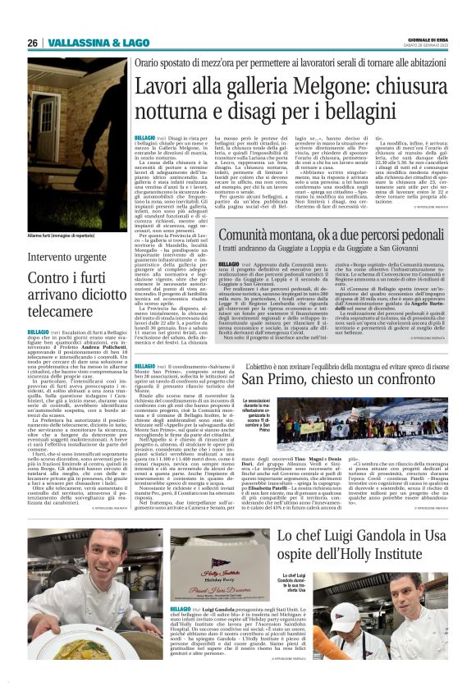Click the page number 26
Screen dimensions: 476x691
33,42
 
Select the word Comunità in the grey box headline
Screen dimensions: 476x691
249,236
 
